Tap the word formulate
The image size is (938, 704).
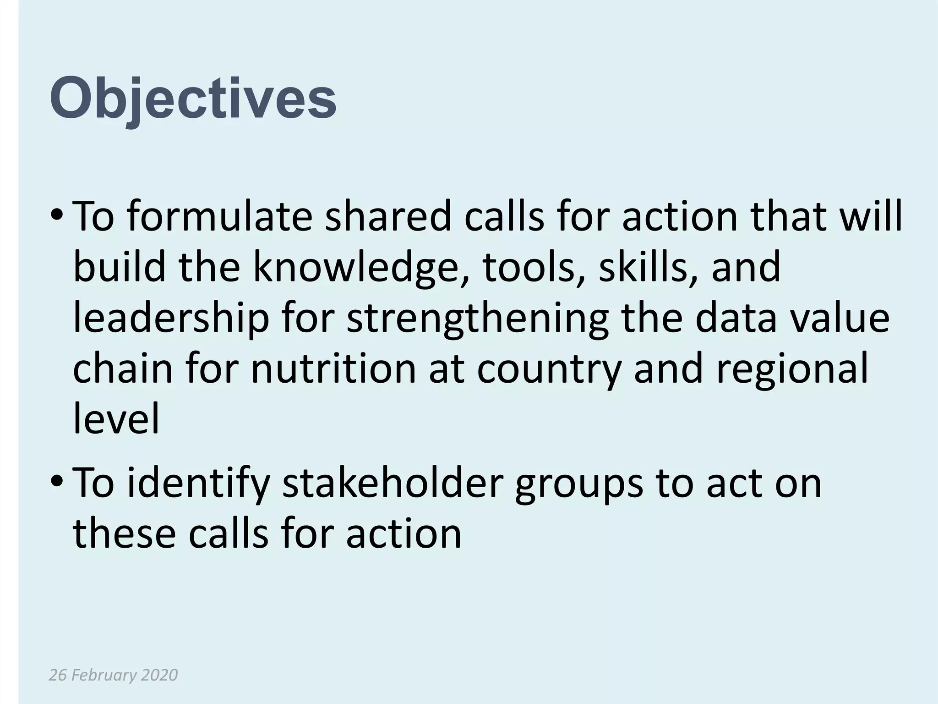[219, 216]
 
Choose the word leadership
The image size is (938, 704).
[171, 319]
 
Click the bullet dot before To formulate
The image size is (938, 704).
[56, 215]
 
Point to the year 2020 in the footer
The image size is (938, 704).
[159, 675]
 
